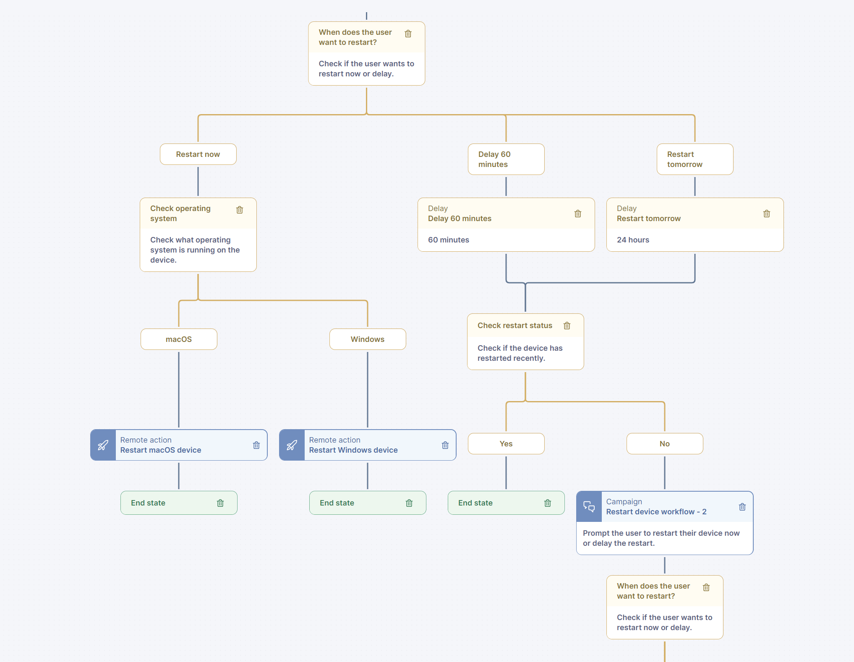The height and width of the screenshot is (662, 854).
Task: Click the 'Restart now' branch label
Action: pyautogui.click(x=198, y=154)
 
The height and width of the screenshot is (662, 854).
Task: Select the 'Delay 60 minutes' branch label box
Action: pyautogui.click(x=506, y=159)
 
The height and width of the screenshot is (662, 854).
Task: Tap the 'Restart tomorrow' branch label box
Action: pyautogui.click(x=695, y=159)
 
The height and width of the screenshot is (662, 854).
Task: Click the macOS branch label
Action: pyautogui.click(x=179, y=339)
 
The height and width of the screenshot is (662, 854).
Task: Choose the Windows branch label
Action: pyautogui.click(x=368, y=339)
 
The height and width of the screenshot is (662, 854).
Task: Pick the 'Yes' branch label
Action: pyautogui.click(x=506, y=444)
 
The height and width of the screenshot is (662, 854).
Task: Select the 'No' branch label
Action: pyautogui.click(x=665, y=444)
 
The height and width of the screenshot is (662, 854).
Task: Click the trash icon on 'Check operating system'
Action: pyautogui.click(x=240, y=210)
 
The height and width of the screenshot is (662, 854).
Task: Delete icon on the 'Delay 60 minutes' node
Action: pyautogui.click(x=578, y=214)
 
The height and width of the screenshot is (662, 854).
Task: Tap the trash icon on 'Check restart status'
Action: pyautogui.click(x=567, y=326)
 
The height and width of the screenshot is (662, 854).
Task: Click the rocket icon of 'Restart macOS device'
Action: pyautogui.click(x=103, y=445)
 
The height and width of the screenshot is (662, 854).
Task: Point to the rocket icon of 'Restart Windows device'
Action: pyautogui.click(x=292, y=445)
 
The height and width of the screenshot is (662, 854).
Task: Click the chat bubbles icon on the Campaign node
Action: pyautogui.click(x=589, y=507)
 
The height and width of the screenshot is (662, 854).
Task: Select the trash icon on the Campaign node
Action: pyautogui.click(x=742, y=507)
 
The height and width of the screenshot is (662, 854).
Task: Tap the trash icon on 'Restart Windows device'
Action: pyautogui.click(x=445, y=445)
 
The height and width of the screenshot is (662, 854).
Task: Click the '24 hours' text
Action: pyautogui.click(x=633, y=240)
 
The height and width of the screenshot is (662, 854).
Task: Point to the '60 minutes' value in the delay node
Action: pyautogui.click(x=449, y=240)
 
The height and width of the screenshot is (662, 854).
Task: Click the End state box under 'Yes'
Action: pyautogui.click(x=506, y=503)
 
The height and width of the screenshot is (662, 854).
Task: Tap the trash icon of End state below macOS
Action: pyautogui.click(x=220, y=503)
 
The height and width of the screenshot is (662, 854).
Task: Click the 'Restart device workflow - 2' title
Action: pyautogui.click(x=656, y=512)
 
